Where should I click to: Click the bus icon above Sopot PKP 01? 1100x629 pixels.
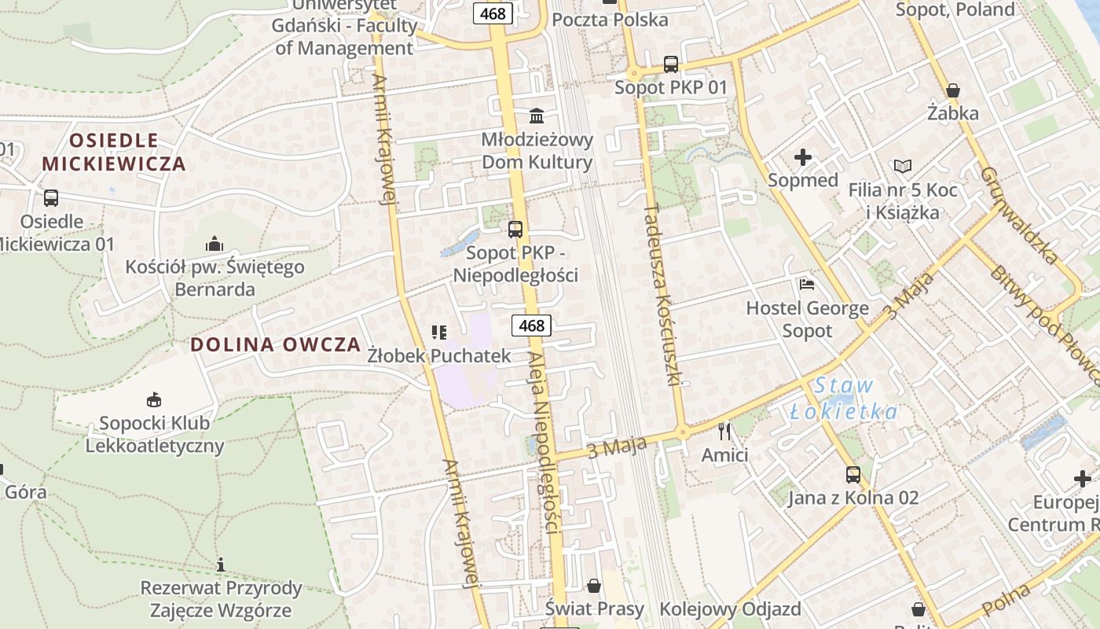(670, 64)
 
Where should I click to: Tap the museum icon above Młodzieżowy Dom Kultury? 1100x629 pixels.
(537, 116)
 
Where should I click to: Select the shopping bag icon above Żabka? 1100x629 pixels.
(953, 90)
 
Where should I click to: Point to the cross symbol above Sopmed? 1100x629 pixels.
(802, 157)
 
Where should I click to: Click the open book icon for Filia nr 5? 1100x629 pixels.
(903, 167)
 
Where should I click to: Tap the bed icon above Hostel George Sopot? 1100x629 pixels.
(806, 285)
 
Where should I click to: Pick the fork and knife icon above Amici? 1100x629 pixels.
(724, 431)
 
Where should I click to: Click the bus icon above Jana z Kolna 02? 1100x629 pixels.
(852, 474)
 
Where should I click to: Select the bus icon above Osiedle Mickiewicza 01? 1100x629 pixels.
(51, 197)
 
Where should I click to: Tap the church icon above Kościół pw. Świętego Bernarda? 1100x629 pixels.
(214, 244)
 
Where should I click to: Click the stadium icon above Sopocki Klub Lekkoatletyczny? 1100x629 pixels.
(154, 399)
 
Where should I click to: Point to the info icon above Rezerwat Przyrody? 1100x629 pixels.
(221, 565)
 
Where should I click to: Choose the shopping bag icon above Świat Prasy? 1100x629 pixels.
(594, 585)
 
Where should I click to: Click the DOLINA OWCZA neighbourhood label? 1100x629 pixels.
(276, 344)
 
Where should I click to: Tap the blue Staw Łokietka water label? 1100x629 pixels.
(844, 399)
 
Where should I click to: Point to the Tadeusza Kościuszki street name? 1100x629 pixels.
(661, 295)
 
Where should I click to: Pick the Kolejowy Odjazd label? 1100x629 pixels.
(730, 609)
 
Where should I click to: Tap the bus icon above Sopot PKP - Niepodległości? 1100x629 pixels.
(515, 230)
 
